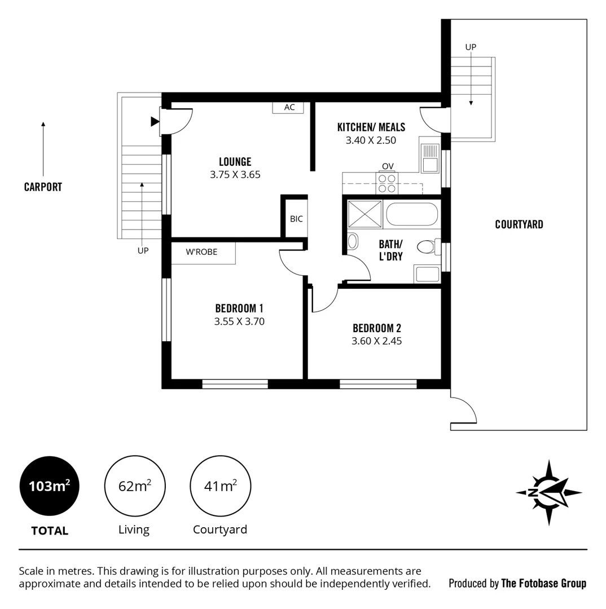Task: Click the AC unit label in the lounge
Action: [x=288, y=107]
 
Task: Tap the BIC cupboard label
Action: [x=296, y=219]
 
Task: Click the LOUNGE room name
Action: [x=235, y=162]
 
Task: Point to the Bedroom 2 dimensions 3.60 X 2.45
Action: [x=376, y=341]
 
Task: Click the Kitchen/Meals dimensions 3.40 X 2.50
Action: [x=371, y=140]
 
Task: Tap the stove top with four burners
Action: [x=387, y=183]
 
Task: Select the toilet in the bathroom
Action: [x=427, y=246]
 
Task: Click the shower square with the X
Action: [x=365, y=214]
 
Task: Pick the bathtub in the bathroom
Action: [x=411, y=214]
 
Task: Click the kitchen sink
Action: [x=430, y=157]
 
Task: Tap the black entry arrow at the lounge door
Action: [x=155, y=121]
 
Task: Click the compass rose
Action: [x=548, y=492]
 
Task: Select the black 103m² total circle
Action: [x=50, y=486]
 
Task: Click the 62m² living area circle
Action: [x=134, y=486]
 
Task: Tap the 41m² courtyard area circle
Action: [x=220, y=486]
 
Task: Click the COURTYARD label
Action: [x=519, y=224]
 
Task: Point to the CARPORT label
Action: [x=43, y=187]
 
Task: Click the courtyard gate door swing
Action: [x=463, y=410]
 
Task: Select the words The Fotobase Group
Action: [x=543, y=584]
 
